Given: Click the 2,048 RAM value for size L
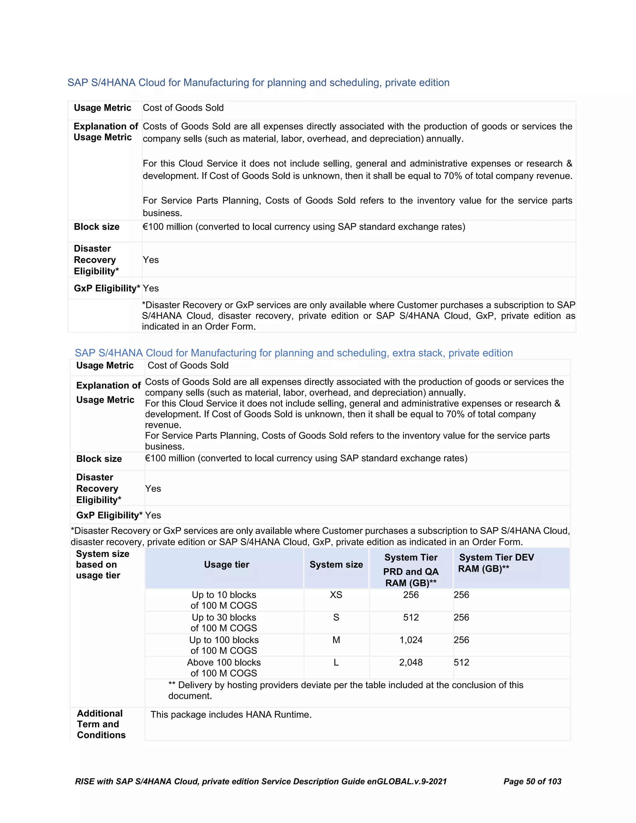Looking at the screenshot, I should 411,662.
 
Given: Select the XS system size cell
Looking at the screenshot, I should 336,595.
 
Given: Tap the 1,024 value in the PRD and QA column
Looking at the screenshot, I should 411,640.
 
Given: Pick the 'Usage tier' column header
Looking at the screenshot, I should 226,565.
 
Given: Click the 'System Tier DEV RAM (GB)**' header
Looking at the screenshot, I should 496,563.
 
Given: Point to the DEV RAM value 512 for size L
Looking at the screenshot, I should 461,662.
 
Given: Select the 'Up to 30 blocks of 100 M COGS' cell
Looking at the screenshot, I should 224,622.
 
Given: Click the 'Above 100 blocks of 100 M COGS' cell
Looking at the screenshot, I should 224,668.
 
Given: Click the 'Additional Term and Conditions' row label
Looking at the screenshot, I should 101,724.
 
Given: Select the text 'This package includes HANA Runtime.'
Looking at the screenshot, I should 231,715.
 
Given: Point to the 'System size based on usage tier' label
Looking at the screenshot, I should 102,565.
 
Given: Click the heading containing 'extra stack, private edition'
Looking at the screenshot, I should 293,353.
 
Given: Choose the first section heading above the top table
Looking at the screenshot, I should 258,83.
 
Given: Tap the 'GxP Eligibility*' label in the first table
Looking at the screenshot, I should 107,288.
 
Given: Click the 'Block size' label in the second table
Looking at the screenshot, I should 99,459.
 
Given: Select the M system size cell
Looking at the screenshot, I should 336,640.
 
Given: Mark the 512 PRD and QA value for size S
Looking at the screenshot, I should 411,617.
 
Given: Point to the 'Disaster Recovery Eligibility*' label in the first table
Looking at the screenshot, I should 96,260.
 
